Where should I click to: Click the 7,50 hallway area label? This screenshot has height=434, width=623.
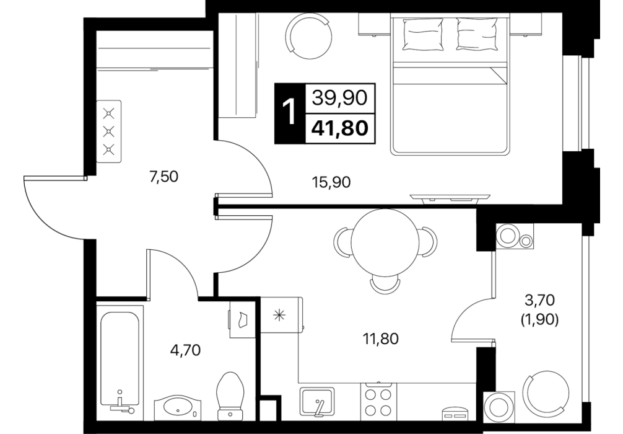(163, 176)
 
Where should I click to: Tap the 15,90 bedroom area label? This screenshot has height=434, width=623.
(332, 183)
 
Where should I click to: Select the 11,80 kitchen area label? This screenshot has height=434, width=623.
(380, 339)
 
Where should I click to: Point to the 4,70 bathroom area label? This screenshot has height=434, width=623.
(186, 350)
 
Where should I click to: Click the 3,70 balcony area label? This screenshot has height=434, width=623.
(539, 300)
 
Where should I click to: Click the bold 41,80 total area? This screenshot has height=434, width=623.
(339, 128)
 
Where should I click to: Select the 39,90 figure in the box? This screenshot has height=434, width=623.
(339, 97)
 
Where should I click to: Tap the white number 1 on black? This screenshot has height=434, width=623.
(290, 113)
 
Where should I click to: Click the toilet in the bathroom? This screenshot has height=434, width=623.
(231, 396)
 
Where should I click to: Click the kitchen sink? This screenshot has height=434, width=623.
(317, 402)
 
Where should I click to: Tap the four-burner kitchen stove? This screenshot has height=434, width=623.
(378, 402)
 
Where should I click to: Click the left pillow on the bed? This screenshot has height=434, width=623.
(423, 35)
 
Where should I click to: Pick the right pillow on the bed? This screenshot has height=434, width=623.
(477, 35)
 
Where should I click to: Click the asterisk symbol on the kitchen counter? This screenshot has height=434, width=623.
(279, 315)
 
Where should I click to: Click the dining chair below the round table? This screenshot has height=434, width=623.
(385, 285)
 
